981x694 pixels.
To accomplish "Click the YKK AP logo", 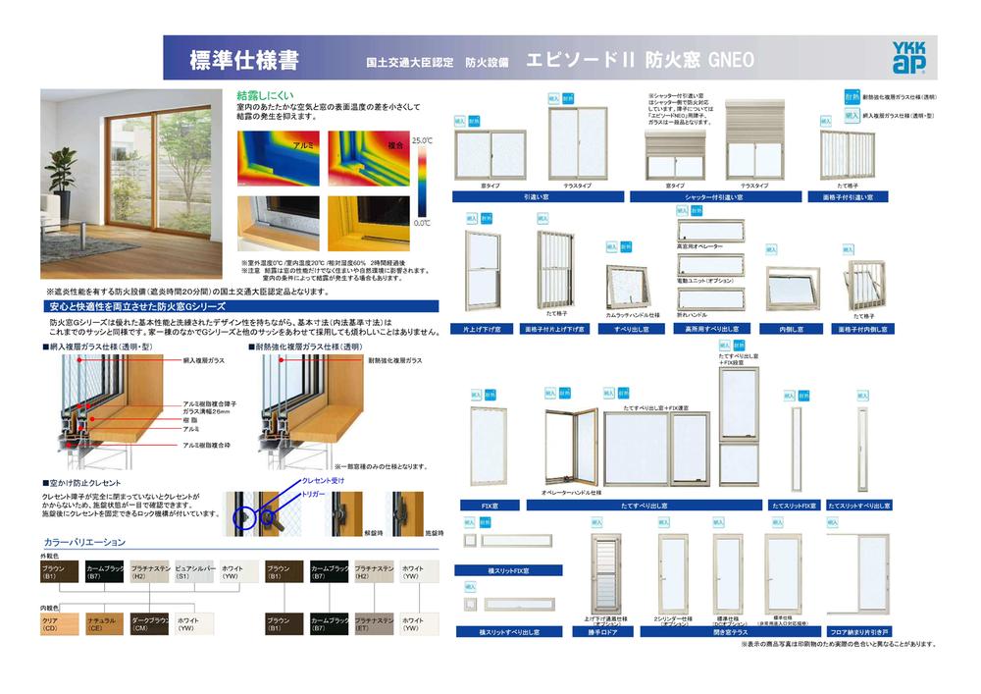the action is pos(908,58).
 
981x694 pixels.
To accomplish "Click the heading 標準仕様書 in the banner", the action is pos(244,59).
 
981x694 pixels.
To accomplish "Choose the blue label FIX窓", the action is pos(488,506).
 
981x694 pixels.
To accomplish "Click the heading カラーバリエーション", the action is pos(85,542).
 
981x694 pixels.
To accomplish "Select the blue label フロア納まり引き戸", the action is pos(858,632).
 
